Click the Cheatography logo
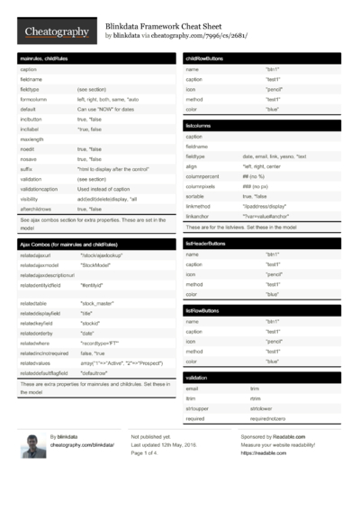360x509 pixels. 55,31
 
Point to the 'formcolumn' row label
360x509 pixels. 34,100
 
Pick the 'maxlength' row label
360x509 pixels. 32,139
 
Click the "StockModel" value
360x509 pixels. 97,266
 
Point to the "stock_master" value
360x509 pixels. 100,305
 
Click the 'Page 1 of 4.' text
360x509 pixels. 149,453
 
